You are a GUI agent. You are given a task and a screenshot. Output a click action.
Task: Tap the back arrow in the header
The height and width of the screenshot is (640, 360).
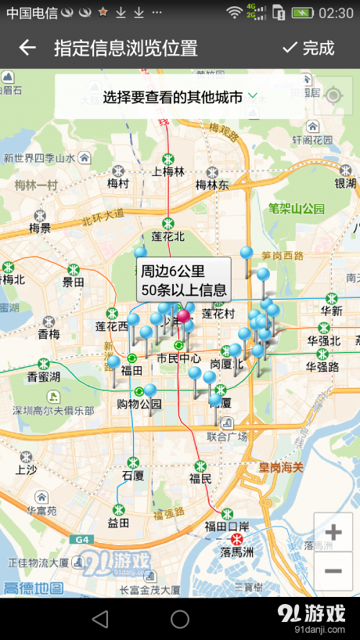[x=27, y=48]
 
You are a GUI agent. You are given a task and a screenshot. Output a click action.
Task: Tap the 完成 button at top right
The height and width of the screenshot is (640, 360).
[x=308, y=48]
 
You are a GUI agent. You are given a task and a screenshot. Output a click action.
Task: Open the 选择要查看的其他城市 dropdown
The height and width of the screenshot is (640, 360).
[x=180, y=96]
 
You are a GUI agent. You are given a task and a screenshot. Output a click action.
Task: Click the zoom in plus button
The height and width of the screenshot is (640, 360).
[x=333, y=533]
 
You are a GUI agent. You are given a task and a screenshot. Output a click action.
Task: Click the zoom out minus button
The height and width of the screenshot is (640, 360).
[x=333, y=571]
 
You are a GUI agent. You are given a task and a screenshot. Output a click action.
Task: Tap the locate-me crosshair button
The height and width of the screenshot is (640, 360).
[x=333, y=95]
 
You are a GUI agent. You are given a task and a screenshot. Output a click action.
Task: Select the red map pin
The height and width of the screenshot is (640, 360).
[x=183, y=317]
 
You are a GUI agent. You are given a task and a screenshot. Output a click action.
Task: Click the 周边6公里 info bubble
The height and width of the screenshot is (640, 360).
[x=184, y=280]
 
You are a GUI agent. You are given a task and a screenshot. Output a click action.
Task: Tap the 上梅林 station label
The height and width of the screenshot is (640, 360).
[x=168, y=172]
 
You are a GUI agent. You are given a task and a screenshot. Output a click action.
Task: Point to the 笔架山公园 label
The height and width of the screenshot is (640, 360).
[x=296, y=209]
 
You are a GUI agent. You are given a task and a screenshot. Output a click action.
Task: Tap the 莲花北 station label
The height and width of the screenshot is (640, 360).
[x=167, y=236]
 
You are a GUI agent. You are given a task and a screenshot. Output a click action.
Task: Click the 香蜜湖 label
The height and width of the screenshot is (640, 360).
[x=45, y=376]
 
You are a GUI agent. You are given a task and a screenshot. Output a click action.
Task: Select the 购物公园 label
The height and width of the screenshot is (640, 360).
[x=139, y=404]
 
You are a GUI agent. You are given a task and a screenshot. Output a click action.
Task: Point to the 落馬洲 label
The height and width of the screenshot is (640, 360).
[x=237, y=552]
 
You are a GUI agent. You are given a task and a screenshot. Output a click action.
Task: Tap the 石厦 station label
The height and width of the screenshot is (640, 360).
[x=133, y=475]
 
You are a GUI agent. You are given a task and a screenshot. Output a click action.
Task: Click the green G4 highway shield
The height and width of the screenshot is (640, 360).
[x=81, y=539]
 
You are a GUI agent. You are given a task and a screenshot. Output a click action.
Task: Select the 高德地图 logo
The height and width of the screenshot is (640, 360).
[x=33, y=587]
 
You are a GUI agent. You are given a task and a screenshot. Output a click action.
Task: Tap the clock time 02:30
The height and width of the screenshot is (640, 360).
[x=336, y=13]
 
